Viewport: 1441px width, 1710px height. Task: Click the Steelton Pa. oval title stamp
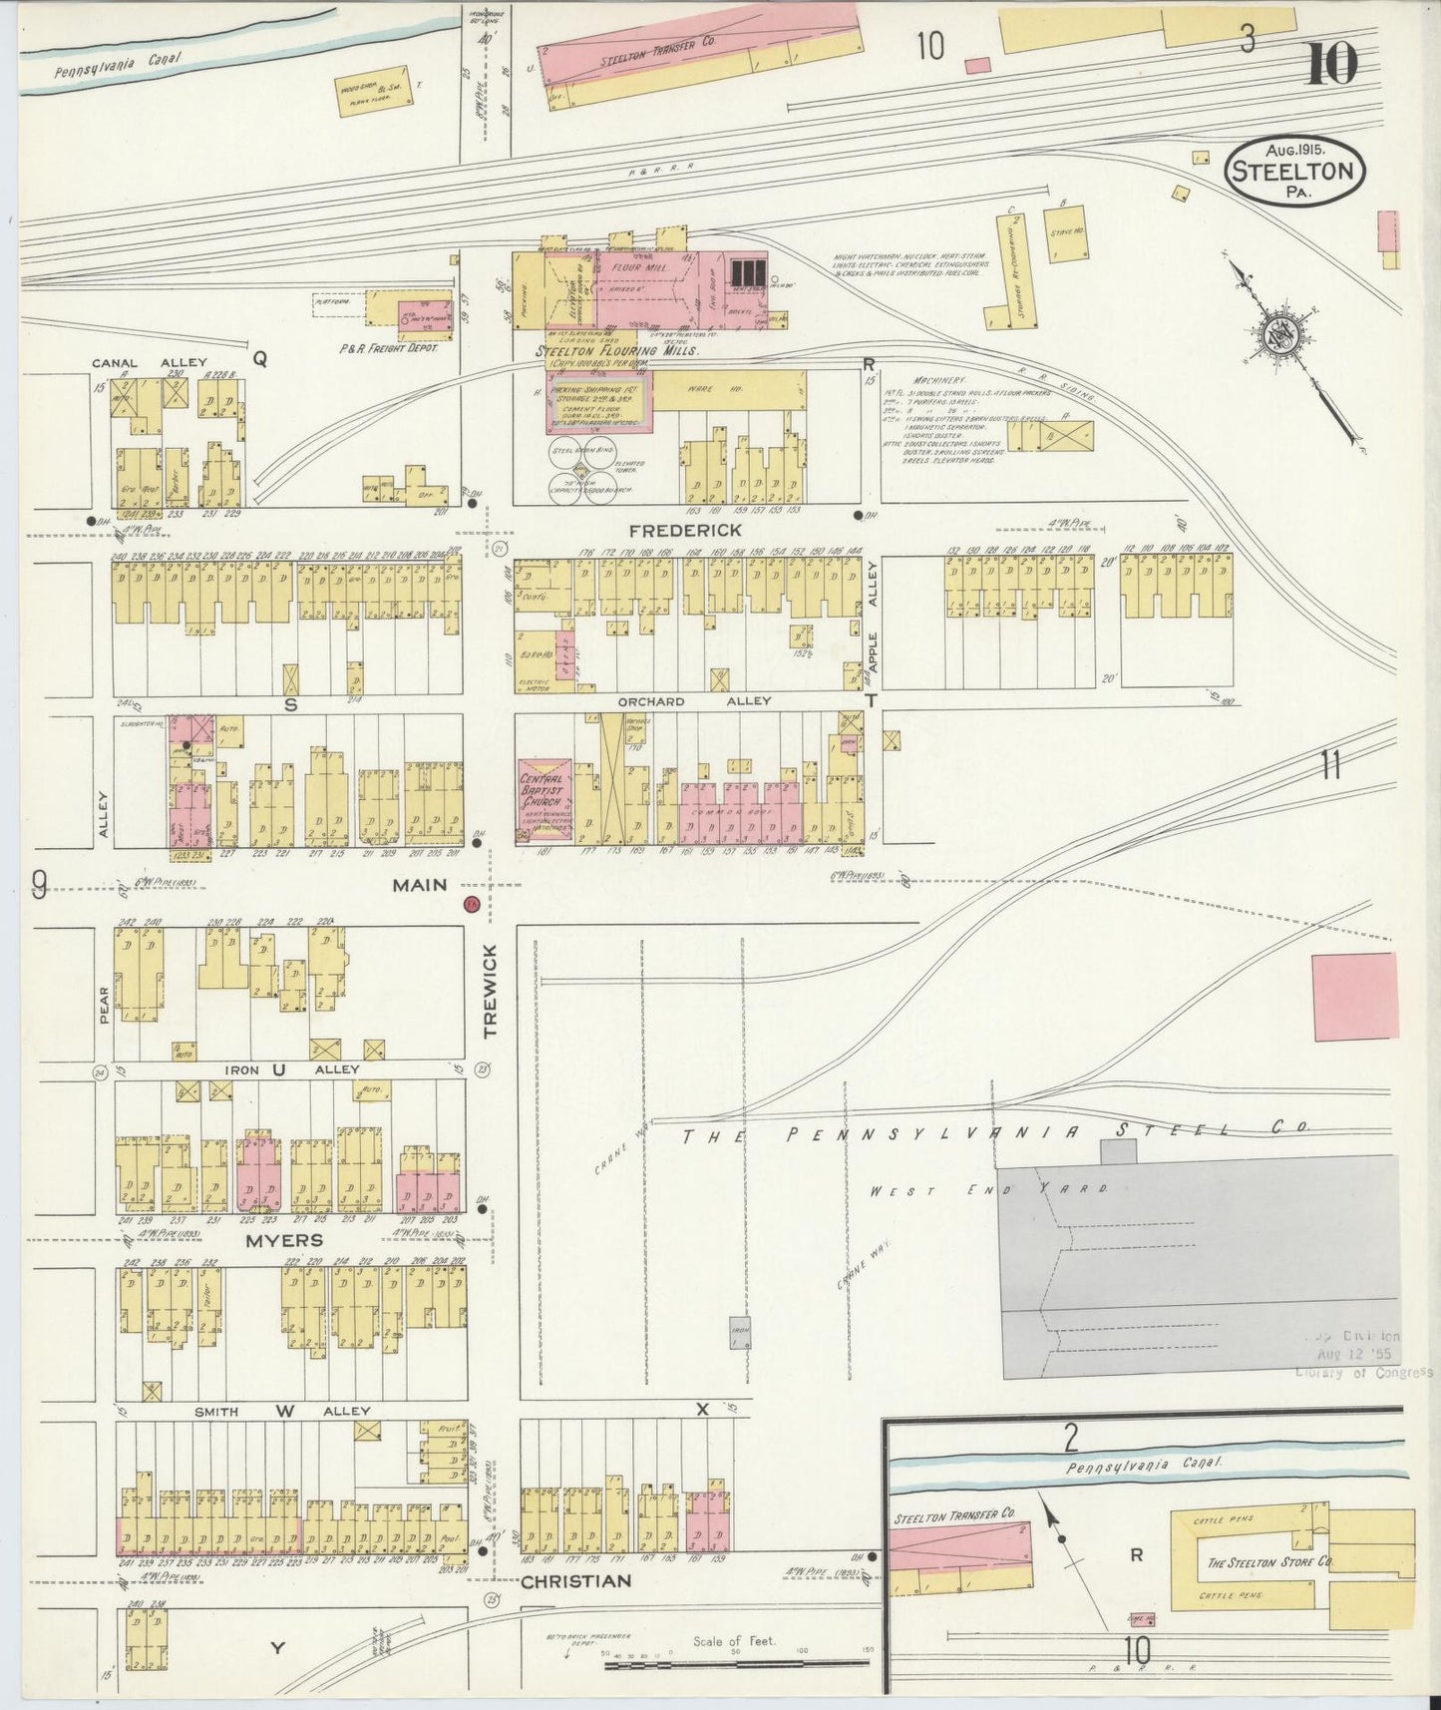[x=1294, y=171]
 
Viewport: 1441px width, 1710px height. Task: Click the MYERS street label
[x=285, y=1240]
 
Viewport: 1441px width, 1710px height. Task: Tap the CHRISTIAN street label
[x=575, y=1581]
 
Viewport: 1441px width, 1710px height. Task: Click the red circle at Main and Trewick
[x=471, y=904]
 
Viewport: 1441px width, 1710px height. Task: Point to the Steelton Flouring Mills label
[x=616, y=351]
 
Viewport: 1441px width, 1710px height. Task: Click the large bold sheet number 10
[x=1330, y=66]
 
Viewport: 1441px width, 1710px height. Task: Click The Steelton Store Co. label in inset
[x=1268, y=1562]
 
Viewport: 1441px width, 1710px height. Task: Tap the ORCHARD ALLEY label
[x=694, y=701]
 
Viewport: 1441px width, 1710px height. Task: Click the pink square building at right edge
[x=1354, y=996]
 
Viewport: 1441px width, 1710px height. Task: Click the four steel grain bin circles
[x=584, y=468]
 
